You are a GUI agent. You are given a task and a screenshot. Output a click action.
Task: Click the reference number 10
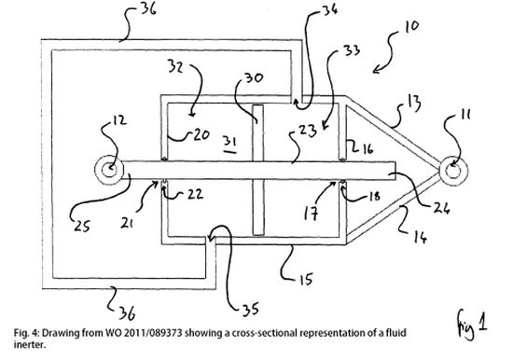tap(411, 26)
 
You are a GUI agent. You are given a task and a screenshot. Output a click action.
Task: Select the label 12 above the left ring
tap(119, 120)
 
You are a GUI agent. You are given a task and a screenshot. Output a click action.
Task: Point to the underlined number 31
tap(230, 143)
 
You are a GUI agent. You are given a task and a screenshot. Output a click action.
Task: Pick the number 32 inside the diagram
tap(175, 66)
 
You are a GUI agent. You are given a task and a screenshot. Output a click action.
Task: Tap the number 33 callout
tap(352, 50)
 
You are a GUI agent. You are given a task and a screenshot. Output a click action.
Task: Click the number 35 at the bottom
tap(251, 309)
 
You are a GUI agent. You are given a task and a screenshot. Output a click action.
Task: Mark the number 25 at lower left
tap(81, 226)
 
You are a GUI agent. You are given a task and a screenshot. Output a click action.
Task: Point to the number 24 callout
tap(442, 208)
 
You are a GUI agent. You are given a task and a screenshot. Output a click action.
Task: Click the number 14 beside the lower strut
tap(421, 237)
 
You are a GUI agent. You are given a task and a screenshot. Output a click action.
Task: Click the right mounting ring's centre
tap(453, 171)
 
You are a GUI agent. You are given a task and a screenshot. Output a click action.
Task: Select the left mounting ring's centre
tap(109, 170)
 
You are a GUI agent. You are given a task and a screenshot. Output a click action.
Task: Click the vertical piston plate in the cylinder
tap(258, 170)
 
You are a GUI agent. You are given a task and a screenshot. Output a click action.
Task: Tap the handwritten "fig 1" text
tap(472, 323)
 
